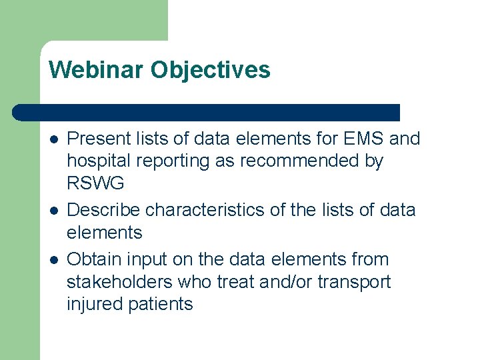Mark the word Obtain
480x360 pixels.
pyautogui.click(x=95, y=259)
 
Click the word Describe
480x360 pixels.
pyautogui.click(x=104, y=210)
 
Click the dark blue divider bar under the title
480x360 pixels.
pyautogui.click(x=207, y=112)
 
